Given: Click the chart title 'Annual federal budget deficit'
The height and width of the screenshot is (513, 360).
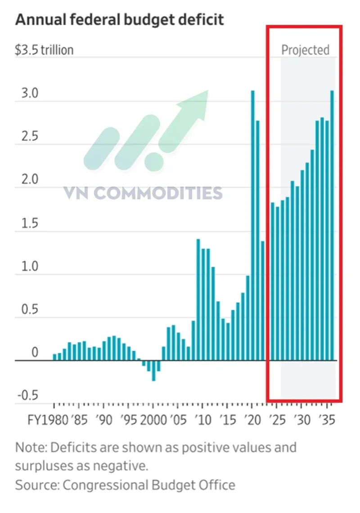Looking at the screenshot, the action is [x=120, y=20].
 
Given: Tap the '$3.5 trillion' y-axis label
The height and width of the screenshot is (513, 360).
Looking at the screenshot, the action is [x=44, y=50].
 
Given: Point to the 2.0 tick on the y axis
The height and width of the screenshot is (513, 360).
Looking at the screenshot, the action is [x=30, y=179].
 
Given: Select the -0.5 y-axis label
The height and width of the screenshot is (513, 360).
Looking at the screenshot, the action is [x=28, y=395].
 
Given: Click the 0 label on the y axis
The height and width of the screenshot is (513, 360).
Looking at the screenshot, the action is [x=35, y=352].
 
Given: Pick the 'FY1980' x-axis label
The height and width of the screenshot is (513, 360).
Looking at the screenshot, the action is [x=48, y=420].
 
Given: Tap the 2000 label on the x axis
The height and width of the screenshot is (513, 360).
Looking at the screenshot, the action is [x=153, y=420].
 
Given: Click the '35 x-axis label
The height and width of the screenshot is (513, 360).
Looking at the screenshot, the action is [x=327, y=420].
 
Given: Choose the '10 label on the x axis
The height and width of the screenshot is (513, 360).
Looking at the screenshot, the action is [x=203, y=420].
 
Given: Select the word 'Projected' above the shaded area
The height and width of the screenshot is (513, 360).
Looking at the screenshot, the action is [x=305, y=50].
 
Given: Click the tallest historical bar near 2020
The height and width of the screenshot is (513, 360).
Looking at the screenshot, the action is [x=252, y=225].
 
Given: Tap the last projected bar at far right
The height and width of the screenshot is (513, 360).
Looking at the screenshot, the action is [x=332, y=225].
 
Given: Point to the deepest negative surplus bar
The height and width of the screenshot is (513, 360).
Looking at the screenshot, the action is [x=153, y=370].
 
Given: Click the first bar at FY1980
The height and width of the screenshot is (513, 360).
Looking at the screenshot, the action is [x=55, y=357].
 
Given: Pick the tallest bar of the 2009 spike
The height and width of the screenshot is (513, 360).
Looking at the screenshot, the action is [x=198, y=300].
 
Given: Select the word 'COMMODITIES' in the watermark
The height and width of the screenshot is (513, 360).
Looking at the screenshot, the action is [x=158, y=193].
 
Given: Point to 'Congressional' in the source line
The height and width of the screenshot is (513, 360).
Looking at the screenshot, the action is [x=105, y=485].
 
